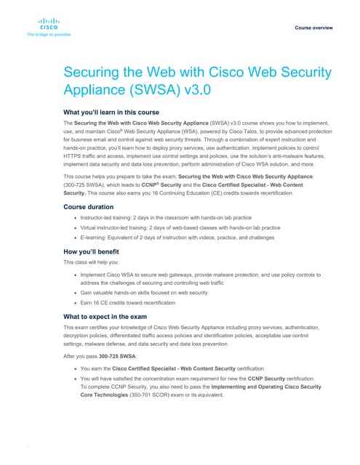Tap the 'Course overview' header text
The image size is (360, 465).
tap(314, 27)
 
